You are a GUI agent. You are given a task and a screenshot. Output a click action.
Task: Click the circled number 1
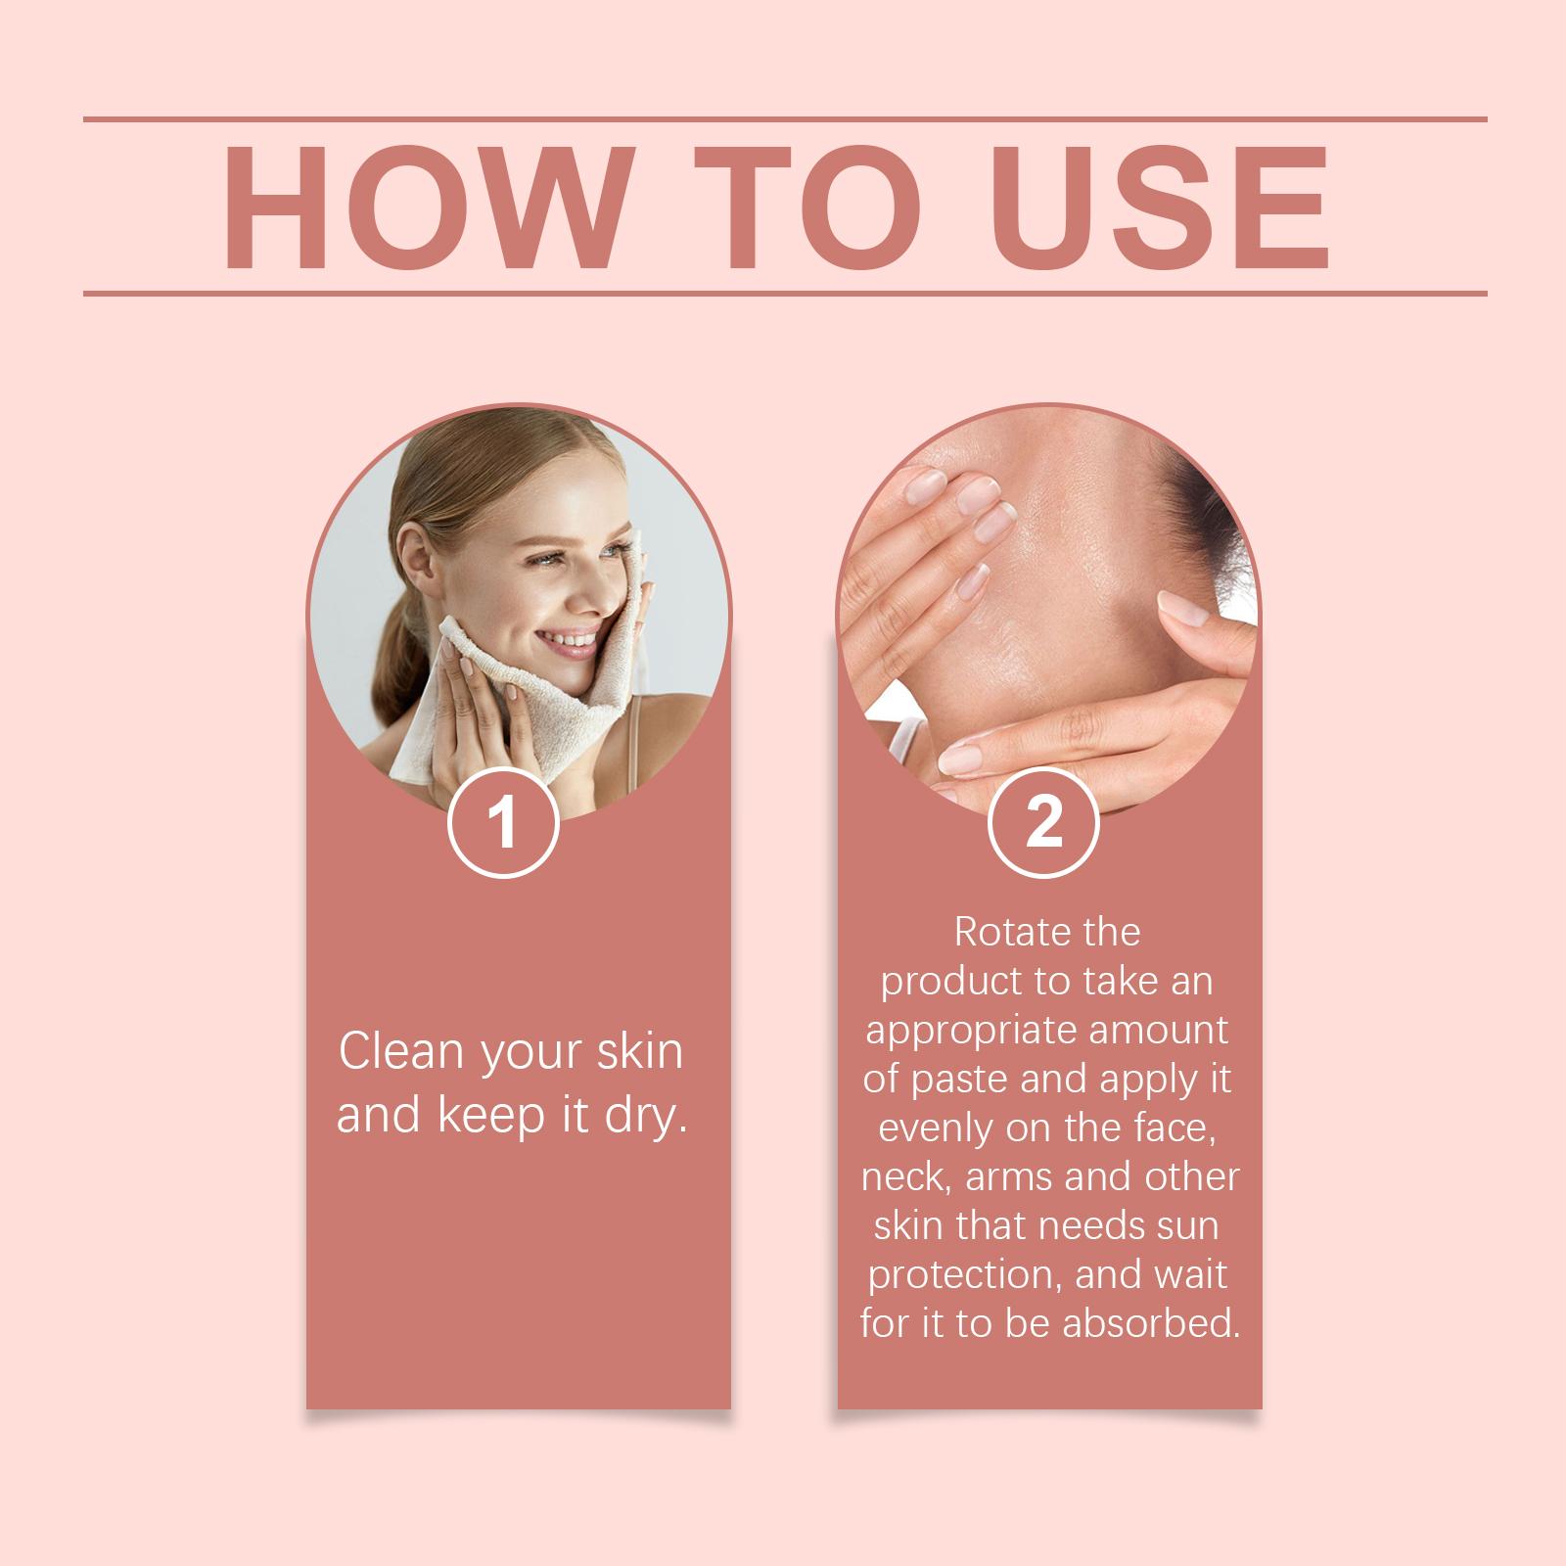coord(503,823)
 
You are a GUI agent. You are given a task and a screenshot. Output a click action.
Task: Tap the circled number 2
coord(1045,823)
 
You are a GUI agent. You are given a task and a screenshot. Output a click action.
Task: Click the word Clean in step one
coord(401,1051)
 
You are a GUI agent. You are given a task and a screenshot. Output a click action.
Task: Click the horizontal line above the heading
coord(785,119)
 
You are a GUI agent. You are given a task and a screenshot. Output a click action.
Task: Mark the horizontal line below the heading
coord(785,293)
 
